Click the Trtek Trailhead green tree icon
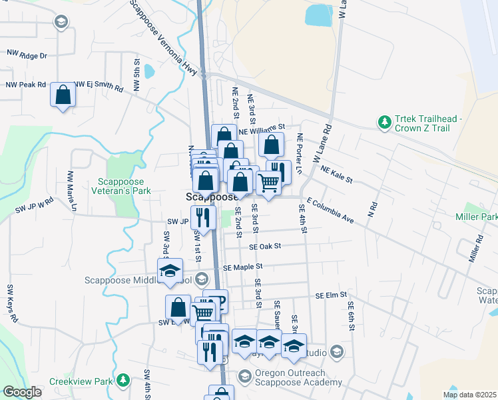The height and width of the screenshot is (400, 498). [x=383, y=122]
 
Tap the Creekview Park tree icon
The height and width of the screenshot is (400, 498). [x=123, y=380]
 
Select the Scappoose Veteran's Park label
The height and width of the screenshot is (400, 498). [x=124, y=186]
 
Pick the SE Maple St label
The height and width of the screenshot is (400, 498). [x=244, y=267]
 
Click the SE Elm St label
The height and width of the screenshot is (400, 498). [x=332, y=295]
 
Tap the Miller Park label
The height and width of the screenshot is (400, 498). [x=476, y=217]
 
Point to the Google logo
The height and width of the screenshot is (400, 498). [x=22, y=392]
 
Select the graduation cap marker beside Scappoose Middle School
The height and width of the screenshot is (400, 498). [x=170, y=270]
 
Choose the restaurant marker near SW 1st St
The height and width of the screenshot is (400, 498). [x=203, y=217]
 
